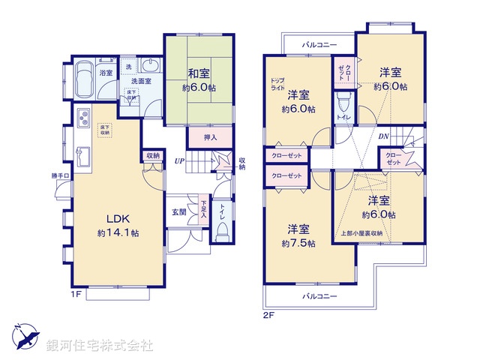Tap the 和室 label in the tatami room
(x=199, y=74)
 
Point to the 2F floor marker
(x=270, y=315)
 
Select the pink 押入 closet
(x=211, y=137)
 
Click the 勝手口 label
(x=60, y=176)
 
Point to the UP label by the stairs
(x=179, y=160)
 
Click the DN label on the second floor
(x=383, y=136)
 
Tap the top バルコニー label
(x=319, y=45)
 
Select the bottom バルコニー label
(x=319, y=296)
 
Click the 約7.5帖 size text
(x=298, y=244)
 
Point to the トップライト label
(x=278, y=83)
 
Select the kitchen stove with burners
(x=82, y=118)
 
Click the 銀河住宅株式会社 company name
(x=100, y=346)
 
